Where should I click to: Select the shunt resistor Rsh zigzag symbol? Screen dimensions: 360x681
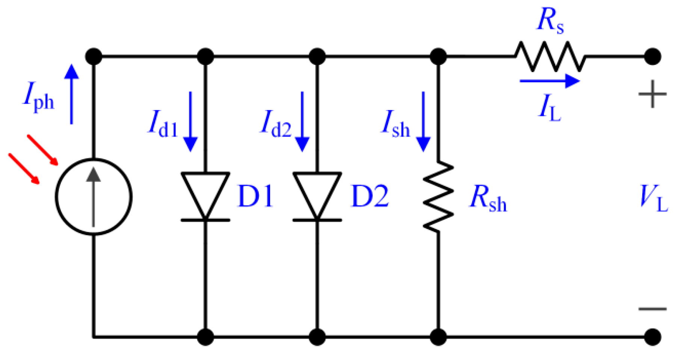point(438,196)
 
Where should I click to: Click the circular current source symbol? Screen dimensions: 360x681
point(94,197)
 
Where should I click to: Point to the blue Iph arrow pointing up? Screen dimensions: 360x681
point(71,94)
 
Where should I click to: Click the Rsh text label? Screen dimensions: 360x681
point(488,198)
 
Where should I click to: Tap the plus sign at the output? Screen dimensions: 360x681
point(652,94)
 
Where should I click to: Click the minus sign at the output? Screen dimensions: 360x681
point(652,309)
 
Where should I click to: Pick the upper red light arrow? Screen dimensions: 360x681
point(42,150)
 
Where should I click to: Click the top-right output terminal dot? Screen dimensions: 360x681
point(653,57)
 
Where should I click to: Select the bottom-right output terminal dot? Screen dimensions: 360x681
point(653,337)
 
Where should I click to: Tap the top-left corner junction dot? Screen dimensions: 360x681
point(94,57)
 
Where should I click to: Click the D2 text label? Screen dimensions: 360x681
point(370,196)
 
